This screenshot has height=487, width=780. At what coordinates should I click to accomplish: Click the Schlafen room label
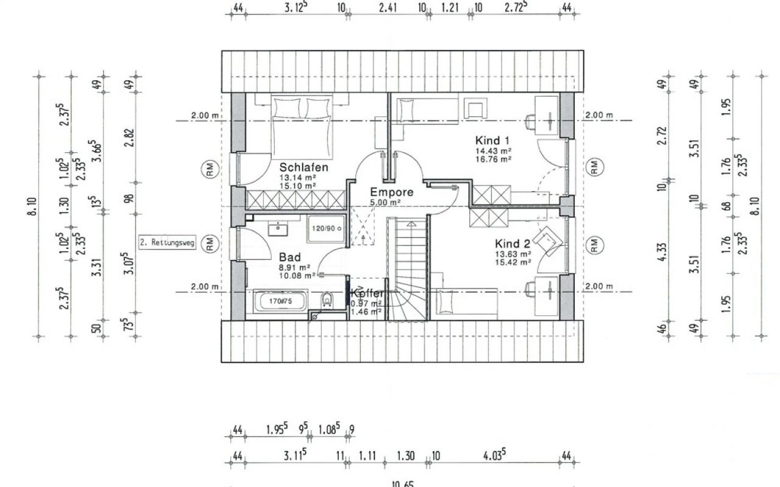tap(304, 167)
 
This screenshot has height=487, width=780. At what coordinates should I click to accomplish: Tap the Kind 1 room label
tap(493, 140)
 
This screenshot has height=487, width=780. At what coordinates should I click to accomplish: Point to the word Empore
tap(392, 192)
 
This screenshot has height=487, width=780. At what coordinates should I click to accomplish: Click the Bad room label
tap(289, 257)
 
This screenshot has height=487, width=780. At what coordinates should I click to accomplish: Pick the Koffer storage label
tap(367, 293)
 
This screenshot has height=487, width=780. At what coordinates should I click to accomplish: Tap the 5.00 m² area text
tap(388, 202)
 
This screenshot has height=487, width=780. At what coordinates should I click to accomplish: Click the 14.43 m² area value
tap(493, 150)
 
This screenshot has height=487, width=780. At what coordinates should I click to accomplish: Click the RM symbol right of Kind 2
tap(594, 245)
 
